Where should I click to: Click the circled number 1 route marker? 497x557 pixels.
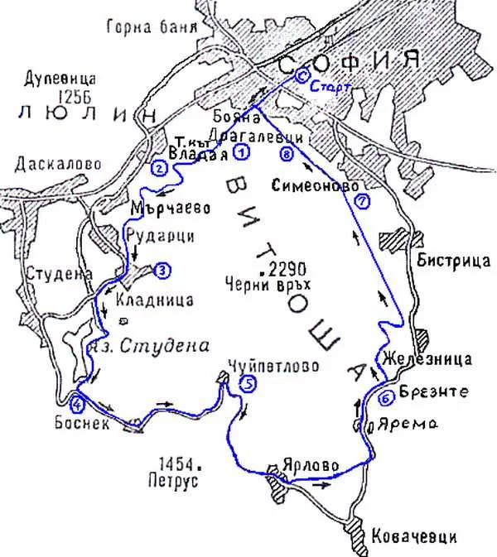click(x=241, y=151)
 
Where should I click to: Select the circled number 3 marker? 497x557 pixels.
click(x=162, y=269)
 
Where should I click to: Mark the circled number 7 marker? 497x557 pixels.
click(x=359, y=201)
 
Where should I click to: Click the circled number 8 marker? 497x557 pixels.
click(x=287, y=154)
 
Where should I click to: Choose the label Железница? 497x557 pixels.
click(x=427, y=358)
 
